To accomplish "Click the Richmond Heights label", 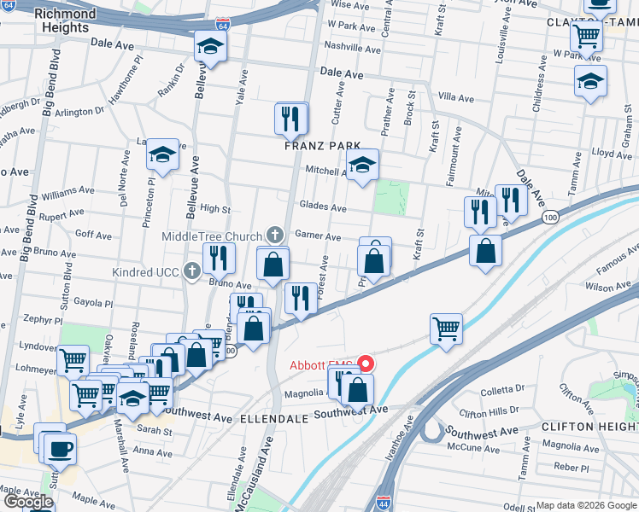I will [x=65, y=21].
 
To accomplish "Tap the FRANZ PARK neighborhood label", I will [x=323, y=146].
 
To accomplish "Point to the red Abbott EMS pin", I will [x=366, y=363].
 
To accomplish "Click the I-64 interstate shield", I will [x=222, y=25].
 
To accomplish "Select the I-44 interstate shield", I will [x=377, y=503].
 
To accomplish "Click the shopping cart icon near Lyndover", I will [x=73, y=360].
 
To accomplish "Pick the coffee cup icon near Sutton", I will [x=60, y=447].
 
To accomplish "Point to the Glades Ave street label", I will [x=322, y=207].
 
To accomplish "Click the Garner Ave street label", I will [x=318, y=236].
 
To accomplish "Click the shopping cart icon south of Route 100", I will [x=447, y=328].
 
